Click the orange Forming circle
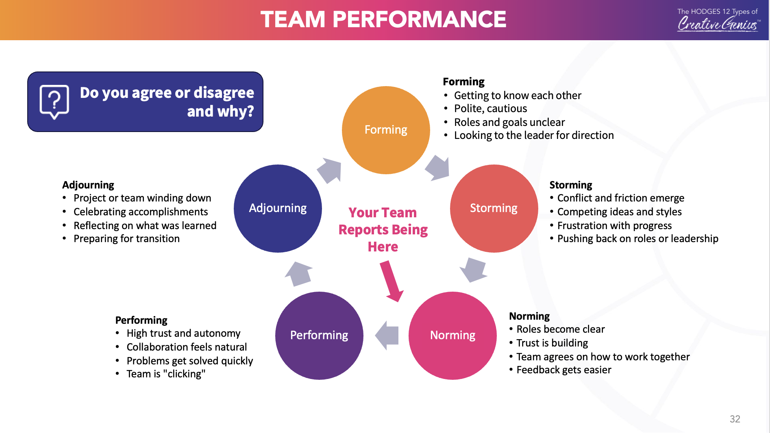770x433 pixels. click(386, 130)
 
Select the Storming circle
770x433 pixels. click(494, 208)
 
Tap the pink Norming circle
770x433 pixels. click(452, 336)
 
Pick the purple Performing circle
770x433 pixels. click(319, 336)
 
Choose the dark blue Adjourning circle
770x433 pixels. click(278, 208)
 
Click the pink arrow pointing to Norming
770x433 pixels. click(392, 281)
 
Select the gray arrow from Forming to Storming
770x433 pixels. click(438, 168)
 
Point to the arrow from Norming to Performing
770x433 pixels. click(387, 335)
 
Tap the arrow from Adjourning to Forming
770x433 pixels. click(330, 170)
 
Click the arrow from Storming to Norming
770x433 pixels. click(473, 269)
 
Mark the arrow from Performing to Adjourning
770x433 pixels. click(299, 274)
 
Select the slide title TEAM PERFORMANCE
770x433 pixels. click(383, 19)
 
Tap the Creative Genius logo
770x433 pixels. click(718, 20)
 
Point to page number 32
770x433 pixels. click(735, 419)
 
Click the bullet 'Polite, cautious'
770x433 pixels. click(490, 108)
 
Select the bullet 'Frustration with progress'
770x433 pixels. click(614, 225)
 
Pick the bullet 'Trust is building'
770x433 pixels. click(552, 343)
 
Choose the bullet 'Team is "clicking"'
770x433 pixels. click(166, 374)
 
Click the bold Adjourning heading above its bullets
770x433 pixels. click(88, 185)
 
